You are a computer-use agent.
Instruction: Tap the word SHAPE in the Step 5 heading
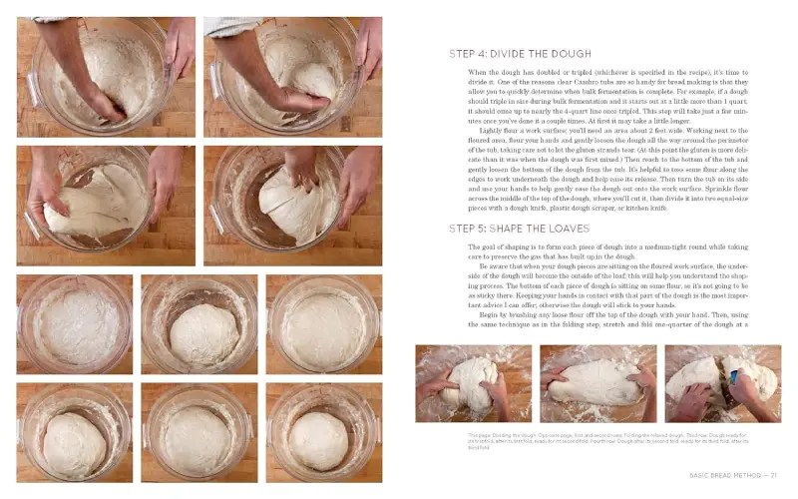(509, 229)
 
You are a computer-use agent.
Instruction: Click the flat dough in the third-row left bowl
(73, 324)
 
